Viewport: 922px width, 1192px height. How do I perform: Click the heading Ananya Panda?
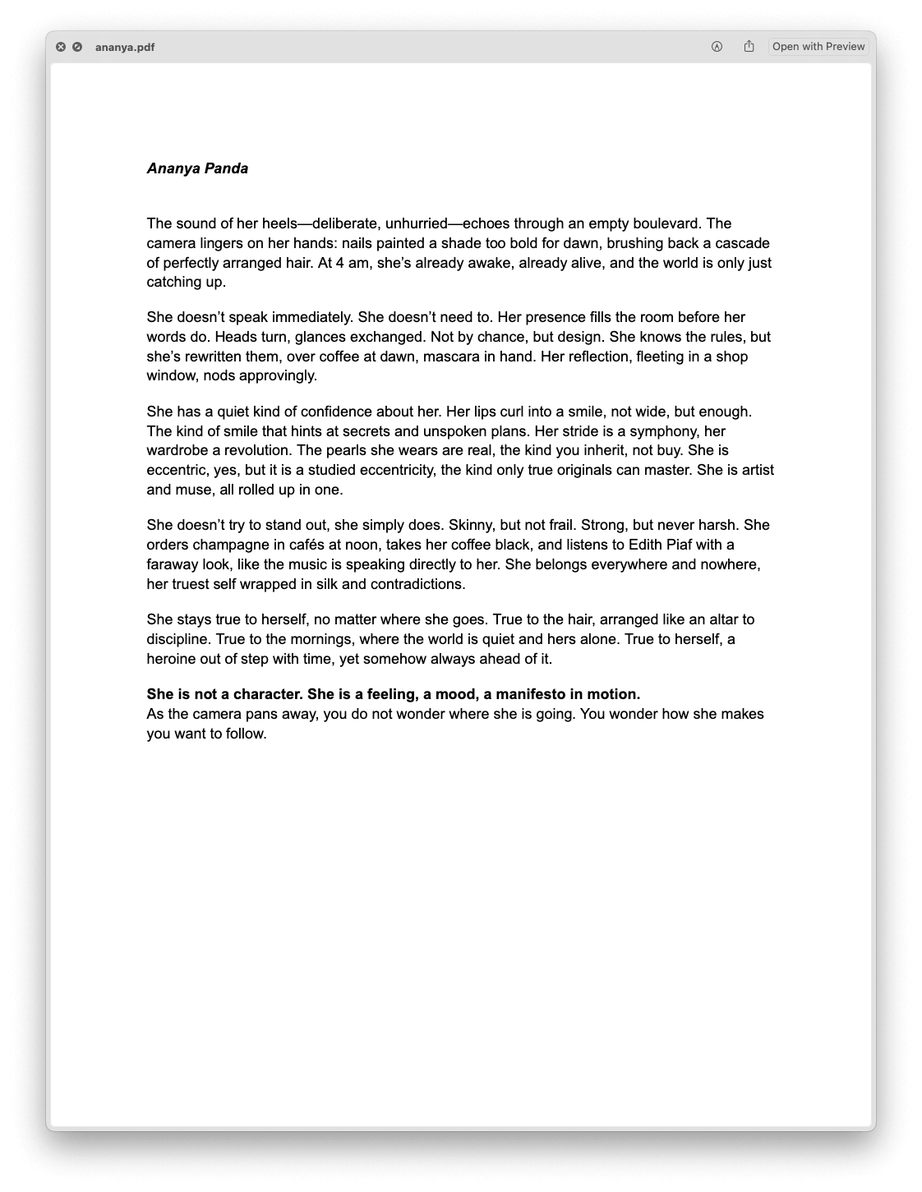click(197, 168)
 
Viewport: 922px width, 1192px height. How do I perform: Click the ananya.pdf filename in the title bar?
click(125, 47)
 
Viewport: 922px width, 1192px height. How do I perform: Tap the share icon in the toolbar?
click(749, 47)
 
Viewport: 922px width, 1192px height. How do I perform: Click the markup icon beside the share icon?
click(717, 47)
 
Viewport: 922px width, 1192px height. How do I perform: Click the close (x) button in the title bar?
click(61, 47)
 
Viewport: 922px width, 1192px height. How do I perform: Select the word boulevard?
click(666, 223)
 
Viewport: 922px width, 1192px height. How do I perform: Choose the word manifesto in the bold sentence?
click(530, 694)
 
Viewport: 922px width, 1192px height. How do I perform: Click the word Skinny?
click(470, 525)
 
